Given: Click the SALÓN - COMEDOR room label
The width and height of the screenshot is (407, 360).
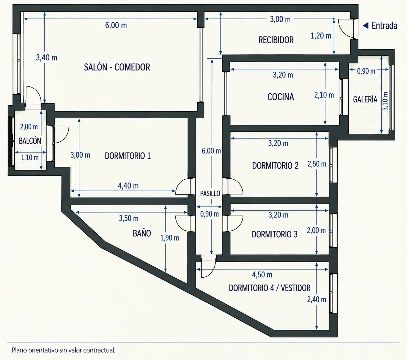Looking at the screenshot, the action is pos(117,67).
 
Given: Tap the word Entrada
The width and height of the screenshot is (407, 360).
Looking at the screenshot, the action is pos(384,26).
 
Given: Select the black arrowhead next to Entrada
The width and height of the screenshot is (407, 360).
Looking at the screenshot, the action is pos(366,25).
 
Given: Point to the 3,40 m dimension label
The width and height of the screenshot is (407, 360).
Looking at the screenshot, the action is pos(47,58).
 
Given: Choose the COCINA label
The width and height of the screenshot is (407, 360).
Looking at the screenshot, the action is pos(281,97).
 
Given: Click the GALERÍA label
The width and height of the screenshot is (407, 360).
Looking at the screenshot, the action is pos(365,99).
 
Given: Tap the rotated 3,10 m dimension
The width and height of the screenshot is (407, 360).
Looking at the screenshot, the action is pos(385,101).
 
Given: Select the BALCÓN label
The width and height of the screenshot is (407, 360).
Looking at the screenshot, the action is pos(30,141).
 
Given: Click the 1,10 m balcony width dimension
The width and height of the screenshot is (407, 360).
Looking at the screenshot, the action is pos(30,158).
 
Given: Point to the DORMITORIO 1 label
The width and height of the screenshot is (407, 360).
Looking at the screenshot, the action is pos(128,156).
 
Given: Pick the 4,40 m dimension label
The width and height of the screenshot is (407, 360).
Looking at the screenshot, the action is pos(128,186).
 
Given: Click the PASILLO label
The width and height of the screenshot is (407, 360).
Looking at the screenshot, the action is pos(210,194).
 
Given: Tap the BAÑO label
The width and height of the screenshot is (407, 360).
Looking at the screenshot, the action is pos(142,233).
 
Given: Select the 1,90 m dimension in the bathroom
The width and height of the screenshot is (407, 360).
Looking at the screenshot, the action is pos(169,238).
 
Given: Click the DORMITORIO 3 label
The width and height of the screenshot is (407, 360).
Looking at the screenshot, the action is pos(275,234).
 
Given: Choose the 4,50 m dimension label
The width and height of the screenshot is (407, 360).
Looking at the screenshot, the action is pos(262,275).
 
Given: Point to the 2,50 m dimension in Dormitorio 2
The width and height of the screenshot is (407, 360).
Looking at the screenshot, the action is pos(317,164).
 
